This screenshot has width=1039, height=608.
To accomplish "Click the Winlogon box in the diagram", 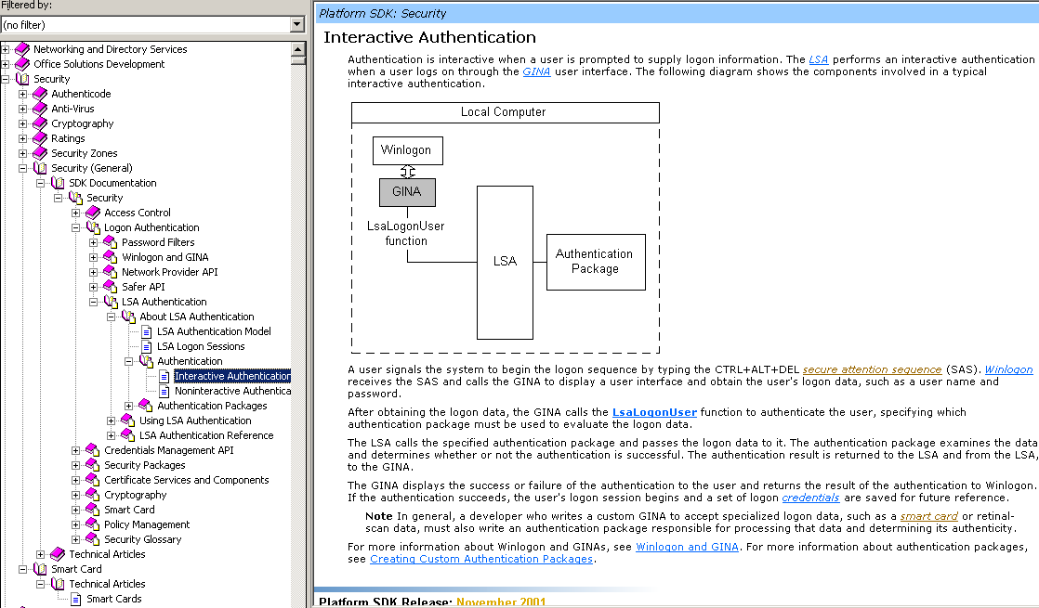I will pyautogui.click(x=408, y=150).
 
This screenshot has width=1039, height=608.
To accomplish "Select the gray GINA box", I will pyautogui.click(x=407, y=192).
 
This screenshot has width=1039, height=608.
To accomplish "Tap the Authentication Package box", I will pyautogui.click(x=594, y=261).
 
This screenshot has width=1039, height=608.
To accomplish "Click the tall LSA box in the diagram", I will pyautogui.click(x=505, y=262).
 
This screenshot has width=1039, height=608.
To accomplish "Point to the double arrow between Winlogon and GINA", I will pyautogui.click(x=407, y=172).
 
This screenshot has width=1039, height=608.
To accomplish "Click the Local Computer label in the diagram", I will pyautogui.click(x=504, y=112).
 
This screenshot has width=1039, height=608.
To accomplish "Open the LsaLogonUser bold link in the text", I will pyautogui.click(x=654, y=412).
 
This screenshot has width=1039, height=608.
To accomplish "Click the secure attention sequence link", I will pyautogui.click(x=872, y=369).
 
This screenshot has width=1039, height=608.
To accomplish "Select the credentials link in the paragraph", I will pyautogui.click(x=810, y=498).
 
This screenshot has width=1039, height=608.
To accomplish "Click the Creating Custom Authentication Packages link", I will pyautogui.click(x=480, y=559).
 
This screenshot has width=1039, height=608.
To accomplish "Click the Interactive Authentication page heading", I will pyautogui.click(x=429, y=37).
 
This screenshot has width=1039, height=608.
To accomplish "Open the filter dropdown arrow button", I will pyautogui.click(x=297, y=25).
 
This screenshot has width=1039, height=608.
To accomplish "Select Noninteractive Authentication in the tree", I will pyautogui.click(x=232, y=391).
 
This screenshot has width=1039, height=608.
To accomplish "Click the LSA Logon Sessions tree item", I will pyautogui.click(x=201, y=346).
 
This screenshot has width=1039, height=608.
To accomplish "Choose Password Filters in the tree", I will pyautogui.click(x=158, y=242).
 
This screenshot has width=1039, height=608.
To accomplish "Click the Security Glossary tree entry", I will pyautogui.click(x=142, y=539).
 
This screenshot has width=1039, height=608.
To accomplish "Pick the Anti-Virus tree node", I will pyautogui.click(x=72, y=109).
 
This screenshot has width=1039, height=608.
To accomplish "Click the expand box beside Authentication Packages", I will pyautogui.click(x=129, y=406).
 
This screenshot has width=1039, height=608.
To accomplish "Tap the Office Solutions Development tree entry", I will pyautogui.click(x=99, y=64).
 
